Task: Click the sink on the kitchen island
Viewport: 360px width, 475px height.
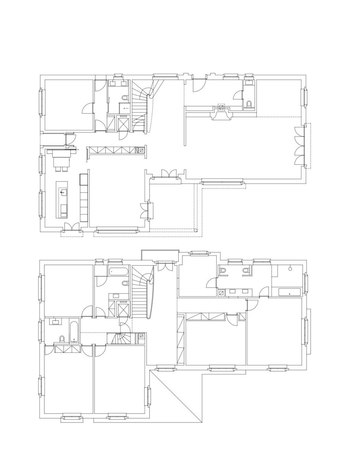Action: point(63,193)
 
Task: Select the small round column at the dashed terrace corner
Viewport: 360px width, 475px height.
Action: point(195,230)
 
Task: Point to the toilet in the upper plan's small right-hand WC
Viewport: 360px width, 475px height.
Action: point(249,104)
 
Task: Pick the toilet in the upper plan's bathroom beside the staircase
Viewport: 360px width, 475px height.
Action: point(125,98)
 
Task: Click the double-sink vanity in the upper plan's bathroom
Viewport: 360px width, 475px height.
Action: point(118,84)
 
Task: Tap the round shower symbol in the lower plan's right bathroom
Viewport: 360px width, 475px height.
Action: point(291,269)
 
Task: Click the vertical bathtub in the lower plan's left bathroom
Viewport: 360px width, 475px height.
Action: point(74,332)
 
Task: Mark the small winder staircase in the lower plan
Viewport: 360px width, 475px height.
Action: point(119,338)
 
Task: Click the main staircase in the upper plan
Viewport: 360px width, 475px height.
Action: point(140,105)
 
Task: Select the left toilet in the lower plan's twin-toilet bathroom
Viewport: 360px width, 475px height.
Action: point(223,271)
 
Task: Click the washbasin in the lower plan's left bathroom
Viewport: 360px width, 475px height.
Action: point(54,322)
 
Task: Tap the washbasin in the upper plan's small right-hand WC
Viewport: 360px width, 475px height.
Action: point(249,83)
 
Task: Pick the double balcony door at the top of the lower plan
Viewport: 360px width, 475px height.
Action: point(162,266)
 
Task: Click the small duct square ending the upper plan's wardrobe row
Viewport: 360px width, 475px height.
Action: point(141,150)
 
